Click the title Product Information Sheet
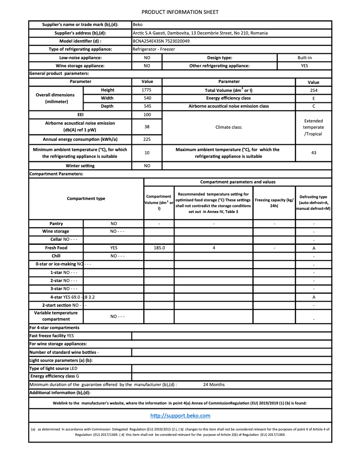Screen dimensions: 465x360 pos(180,12)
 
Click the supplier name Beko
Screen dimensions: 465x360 pos(137,25)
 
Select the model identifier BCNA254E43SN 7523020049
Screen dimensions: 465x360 pos(161,41)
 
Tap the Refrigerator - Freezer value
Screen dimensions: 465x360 pos(154,49)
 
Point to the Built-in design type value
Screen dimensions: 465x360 pos(304,58)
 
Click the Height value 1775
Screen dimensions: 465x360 pos(146,90)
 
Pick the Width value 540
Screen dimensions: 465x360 pos(146,98)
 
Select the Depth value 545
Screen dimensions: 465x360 pos(146,106)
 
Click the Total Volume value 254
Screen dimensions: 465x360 pos(313,90)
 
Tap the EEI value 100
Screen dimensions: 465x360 pos(146,115)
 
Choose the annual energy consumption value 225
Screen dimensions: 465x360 pos(146,139)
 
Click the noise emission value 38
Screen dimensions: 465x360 pos(146,127)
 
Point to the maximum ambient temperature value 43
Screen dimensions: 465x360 pos(313,153)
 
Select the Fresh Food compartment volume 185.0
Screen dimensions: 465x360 pos(159,248)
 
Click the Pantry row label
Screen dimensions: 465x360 pos(56,223)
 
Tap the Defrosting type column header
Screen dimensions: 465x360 pos(313,203)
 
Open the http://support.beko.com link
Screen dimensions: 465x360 pos(180,416)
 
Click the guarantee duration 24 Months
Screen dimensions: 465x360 pos(214,385)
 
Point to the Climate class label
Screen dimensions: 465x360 pos(228,127)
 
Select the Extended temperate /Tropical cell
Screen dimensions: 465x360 pos(313,127)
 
